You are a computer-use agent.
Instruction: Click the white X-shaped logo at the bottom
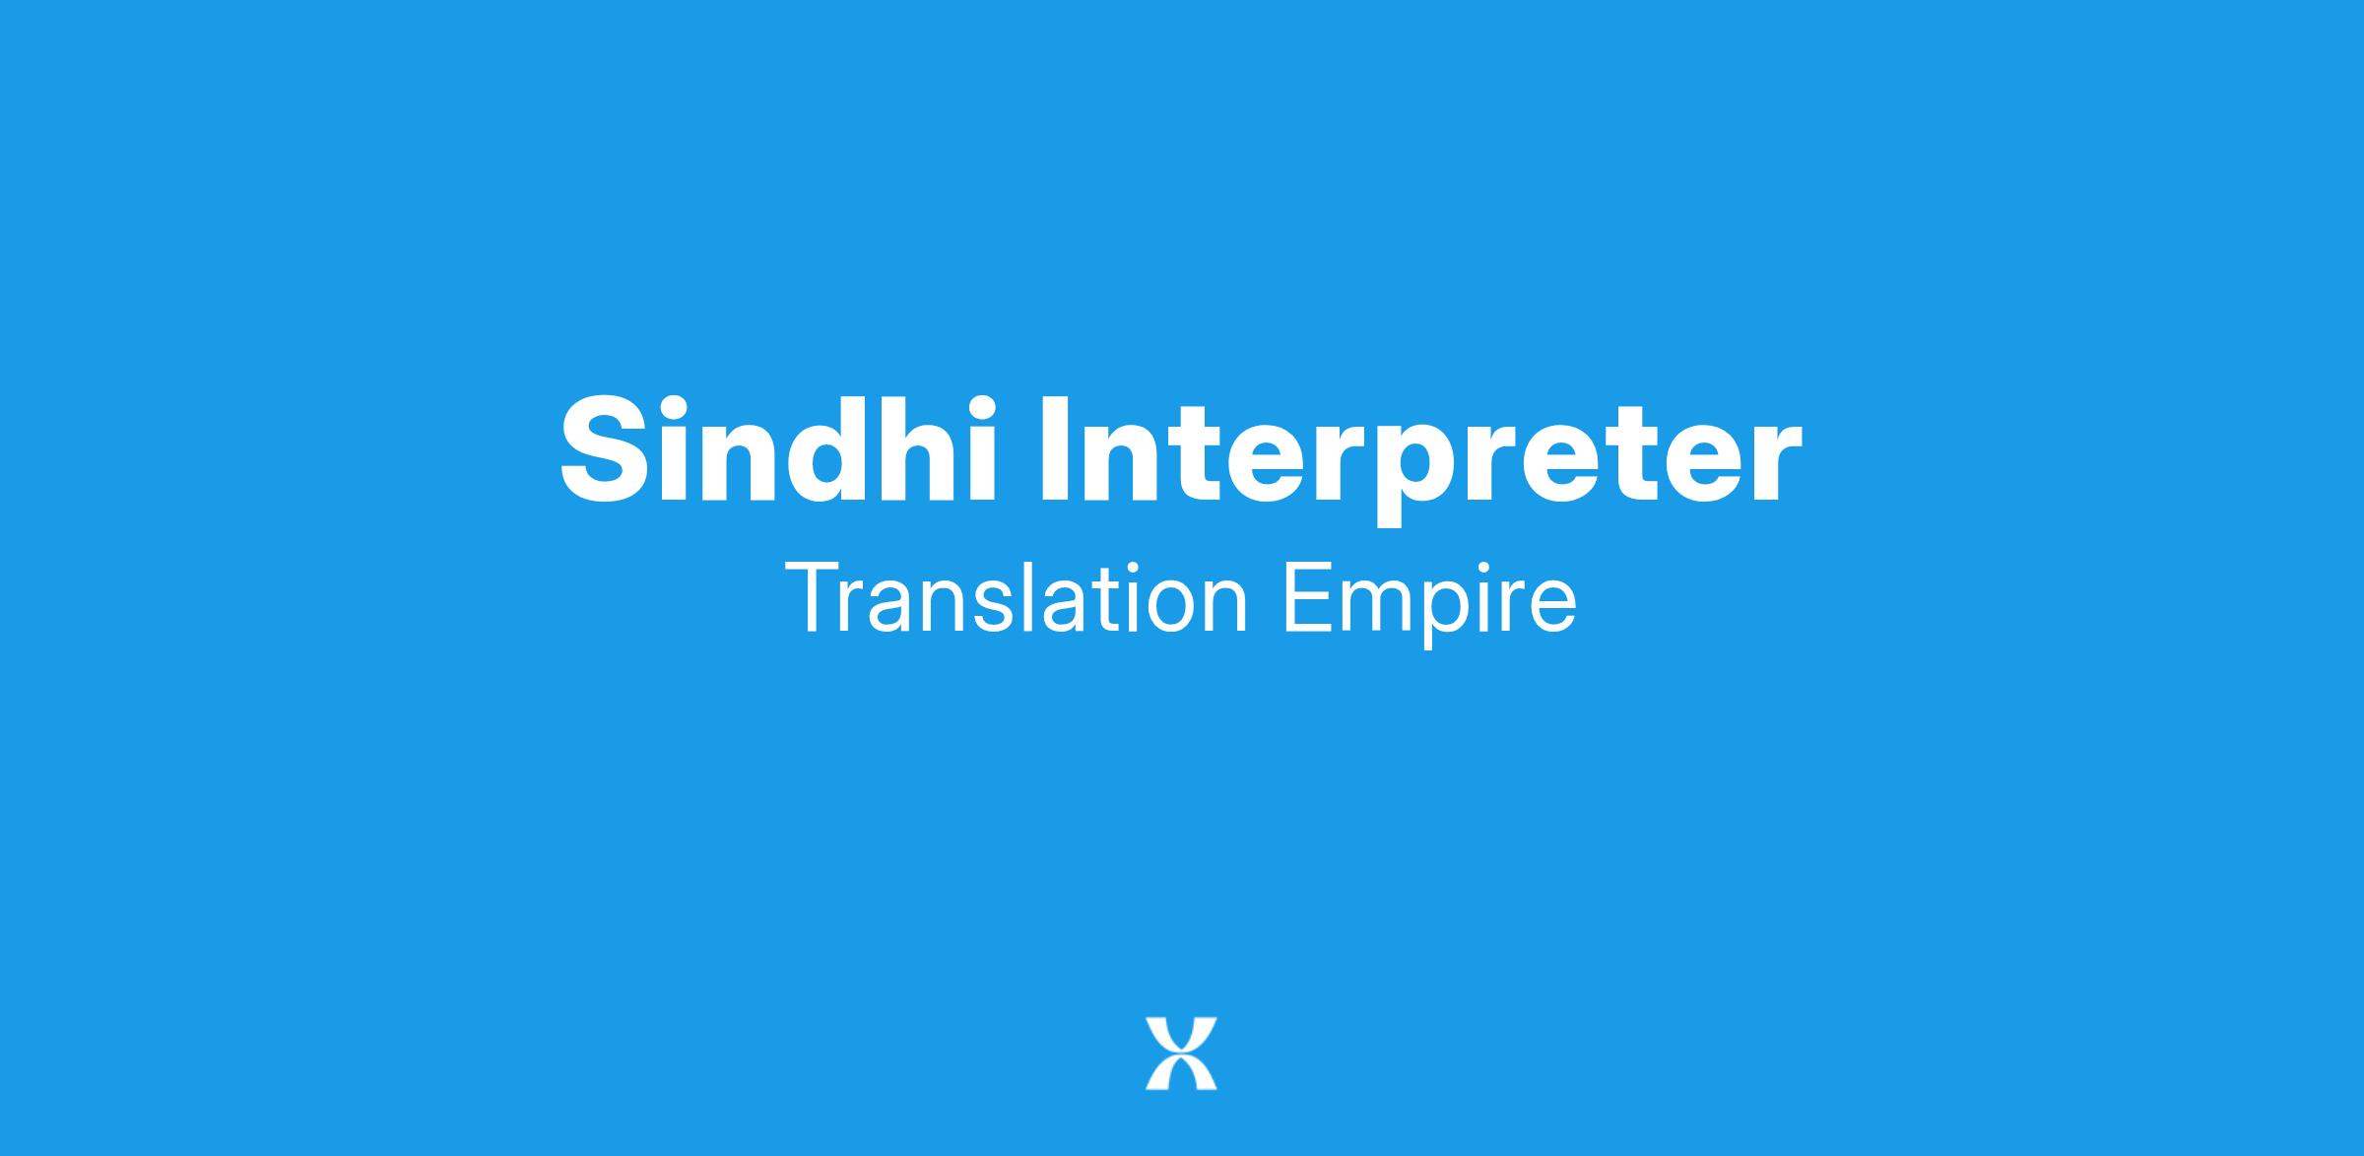(1181, 1054)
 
